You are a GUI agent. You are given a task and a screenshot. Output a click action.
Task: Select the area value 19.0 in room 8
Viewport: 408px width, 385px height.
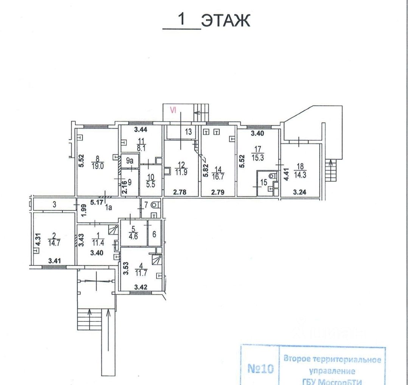coord(98,165)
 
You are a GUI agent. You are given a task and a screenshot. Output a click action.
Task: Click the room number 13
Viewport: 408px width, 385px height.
coord(188,132)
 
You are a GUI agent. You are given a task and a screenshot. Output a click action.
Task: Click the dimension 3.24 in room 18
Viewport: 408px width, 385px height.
coord(300,192)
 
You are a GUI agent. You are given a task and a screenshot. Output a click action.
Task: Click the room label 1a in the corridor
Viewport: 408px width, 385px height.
coord(109,207)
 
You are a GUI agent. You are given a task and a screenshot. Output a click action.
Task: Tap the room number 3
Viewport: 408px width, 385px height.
coord(54,205)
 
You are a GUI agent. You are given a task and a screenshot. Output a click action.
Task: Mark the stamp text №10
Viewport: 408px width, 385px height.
coord(260,368)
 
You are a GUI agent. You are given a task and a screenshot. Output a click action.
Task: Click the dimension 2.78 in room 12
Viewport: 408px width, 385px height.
coord(180,192)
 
